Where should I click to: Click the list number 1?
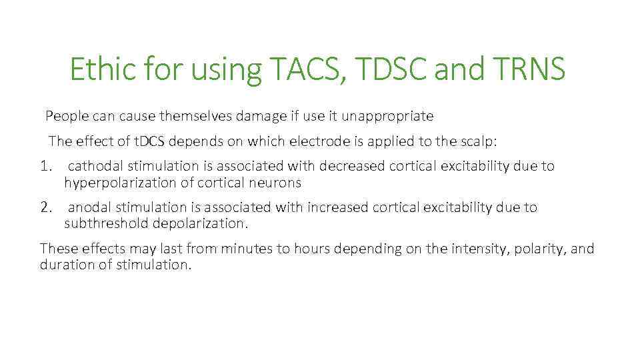click(45, 166)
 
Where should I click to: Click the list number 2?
click(45, 207)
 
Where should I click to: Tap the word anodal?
click(91, 207)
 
